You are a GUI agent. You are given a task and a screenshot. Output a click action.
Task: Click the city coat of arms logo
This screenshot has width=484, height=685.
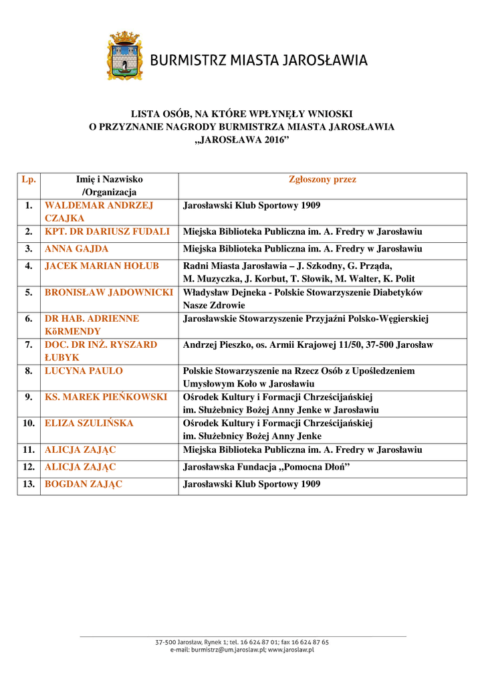click(125, 56)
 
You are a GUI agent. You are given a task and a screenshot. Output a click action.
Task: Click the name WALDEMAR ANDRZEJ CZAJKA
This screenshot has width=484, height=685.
click(99, 211)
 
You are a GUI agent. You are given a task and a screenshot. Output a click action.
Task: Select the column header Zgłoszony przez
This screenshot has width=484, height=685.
click(322, 179)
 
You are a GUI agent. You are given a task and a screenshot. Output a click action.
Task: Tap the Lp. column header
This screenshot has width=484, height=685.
click(29, 179)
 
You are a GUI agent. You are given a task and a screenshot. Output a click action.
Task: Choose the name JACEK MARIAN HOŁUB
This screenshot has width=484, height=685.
click(102, 266)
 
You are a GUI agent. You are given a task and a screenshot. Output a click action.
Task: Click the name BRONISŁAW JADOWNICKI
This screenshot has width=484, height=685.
click(108, 292)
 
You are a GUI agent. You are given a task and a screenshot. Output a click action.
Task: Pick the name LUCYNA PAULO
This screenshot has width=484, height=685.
click(84, 371)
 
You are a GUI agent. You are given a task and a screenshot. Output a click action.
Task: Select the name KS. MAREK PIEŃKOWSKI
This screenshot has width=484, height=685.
click(106, 397)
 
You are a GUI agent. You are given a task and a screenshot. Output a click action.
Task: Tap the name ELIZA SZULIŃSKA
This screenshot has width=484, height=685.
click(89, 423)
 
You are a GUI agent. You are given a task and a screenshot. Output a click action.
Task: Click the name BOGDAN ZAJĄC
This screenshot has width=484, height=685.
click(84, 484)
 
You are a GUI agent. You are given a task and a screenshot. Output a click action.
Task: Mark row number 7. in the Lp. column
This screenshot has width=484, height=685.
click(29, 345)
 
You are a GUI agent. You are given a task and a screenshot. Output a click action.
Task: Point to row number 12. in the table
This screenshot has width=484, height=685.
click(29, 467)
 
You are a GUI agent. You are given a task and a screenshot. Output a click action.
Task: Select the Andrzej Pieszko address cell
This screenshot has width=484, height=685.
click(308, 345)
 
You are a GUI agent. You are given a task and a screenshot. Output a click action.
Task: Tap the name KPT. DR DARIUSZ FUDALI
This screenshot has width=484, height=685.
click(107, 231)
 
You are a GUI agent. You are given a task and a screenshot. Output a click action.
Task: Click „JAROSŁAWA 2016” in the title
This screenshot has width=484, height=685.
click(241, 138)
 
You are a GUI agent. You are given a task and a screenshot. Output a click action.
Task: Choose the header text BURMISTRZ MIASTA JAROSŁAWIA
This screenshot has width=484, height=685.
click(259, 61)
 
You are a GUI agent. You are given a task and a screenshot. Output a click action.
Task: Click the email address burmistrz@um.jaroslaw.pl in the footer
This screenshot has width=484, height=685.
click(227, 649)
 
